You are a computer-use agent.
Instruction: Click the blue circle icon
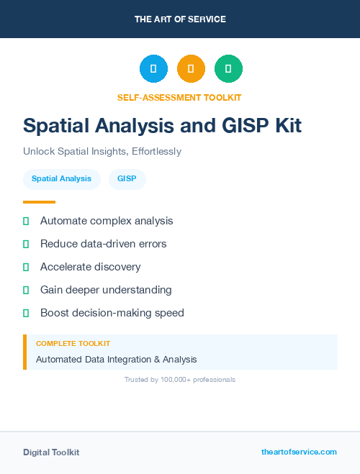pos(153,68)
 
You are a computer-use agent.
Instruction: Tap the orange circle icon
pos(191,68)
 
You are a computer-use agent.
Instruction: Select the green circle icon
pos(228,68)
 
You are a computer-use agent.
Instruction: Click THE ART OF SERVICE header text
pos(180,19)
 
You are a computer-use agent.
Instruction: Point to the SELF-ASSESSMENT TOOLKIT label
pos(179,97)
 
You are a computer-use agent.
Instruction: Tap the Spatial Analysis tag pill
pos(61,178)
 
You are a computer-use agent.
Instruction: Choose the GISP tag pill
pos(127,178)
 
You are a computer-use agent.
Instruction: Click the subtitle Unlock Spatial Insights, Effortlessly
pos(102,152)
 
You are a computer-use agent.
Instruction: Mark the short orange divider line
pos(39,202)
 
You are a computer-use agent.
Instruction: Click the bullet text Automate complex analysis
pos(107,221)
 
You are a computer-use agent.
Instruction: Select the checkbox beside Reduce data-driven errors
pos(26,244)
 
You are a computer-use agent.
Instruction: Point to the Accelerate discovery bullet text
pos(91,267)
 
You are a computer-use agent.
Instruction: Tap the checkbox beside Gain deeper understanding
pos(26,290)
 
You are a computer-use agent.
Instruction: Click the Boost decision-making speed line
pos(112,313)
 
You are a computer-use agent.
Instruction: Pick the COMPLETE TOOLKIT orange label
pos(73,344)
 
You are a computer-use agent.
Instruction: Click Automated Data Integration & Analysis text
pos(116,359)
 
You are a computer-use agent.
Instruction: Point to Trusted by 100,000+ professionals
pos(179,379)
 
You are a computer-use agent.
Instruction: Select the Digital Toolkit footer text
pos(51,452)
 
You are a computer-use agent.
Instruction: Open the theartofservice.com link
pos(299,452)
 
